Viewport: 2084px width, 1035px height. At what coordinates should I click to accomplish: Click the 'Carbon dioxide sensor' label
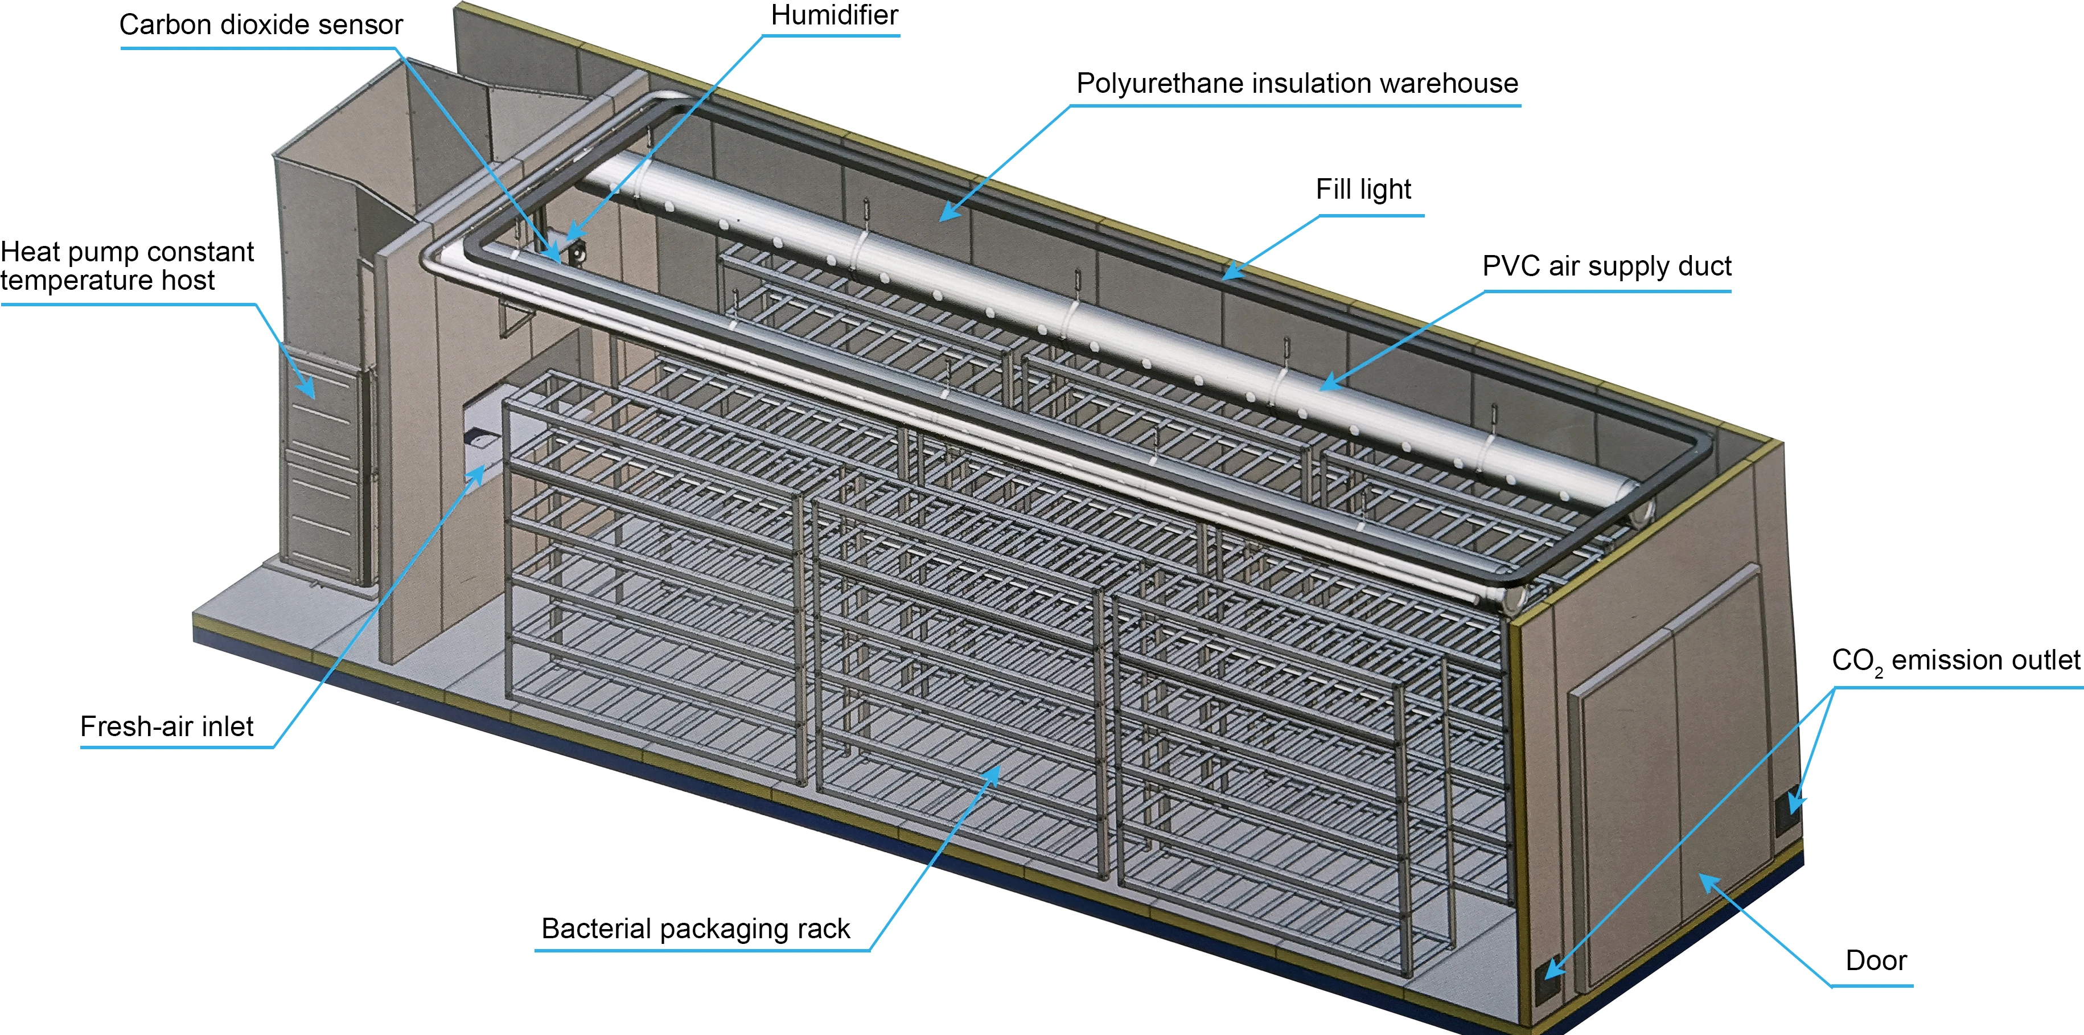pyautogui.click(x=261, y=25)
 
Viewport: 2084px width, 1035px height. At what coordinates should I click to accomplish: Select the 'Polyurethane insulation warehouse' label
pyautogui.click(x=1297, y=83)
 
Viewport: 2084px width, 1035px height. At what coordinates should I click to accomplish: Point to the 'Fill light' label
pyautogui.click(x=1363, y=190)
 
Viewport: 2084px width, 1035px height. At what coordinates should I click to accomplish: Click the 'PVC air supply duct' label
pyautogui.click(x=1606, y=266)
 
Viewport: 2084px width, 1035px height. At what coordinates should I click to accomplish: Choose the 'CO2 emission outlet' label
pyautogui.click(x=1955, y=661)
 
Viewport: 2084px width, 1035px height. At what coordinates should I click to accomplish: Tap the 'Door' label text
pyautogui.click(x=1876, y=960)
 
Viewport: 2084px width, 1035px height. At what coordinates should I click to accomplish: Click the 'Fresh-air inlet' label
pyautogui.click(x=167, y=726)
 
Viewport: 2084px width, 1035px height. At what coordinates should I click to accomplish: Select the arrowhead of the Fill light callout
pyautogui.click(x=1232, y=271)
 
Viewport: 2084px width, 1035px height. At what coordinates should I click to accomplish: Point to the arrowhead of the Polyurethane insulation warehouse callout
pyautogui.click(x=951, y=212)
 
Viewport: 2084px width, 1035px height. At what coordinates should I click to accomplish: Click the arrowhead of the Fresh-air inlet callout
pyautogui.click(x=478, y=476)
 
